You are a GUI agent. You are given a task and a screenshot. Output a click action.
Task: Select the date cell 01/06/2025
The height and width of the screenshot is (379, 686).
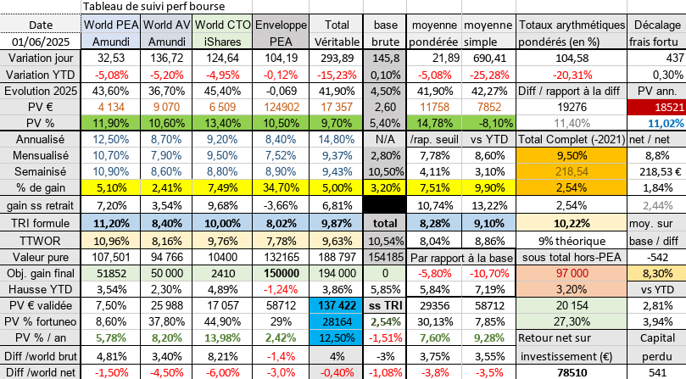click(x=40, y=41)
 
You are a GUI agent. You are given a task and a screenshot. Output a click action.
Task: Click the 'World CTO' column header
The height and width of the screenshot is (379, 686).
click(x=221, y=25)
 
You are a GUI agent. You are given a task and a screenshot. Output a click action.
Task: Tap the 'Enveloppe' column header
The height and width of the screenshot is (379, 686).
click(x=279, y=25)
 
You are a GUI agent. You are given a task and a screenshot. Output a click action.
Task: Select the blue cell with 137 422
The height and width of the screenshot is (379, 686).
click(x=337, y=304)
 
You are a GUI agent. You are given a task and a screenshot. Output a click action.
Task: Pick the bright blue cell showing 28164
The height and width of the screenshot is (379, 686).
click(x=337, y=321)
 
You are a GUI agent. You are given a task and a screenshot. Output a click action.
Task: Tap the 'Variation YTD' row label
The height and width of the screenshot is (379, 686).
click(x=40, y=74)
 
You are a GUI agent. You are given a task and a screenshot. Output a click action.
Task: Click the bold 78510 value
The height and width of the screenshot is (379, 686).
click(x=572, y=371)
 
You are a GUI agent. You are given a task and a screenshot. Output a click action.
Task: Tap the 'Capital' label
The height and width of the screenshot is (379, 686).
click(x=656, y=337)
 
